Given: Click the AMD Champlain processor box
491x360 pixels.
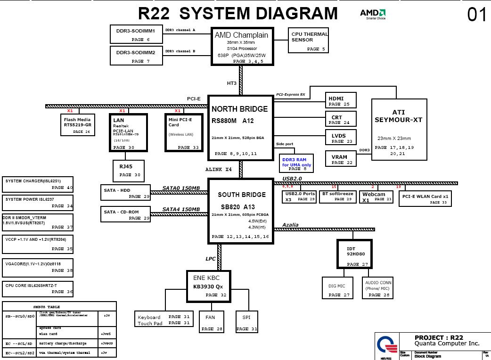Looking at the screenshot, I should click(241, 46).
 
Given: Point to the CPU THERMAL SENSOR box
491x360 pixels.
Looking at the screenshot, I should click(308, 41).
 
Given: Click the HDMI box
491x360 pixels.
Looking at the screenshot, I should click(341, 101).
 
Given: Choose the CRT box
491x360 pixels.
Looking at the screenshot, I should click(341, 119).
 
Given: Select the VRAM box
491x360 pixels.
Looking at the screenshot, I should click(341, 159).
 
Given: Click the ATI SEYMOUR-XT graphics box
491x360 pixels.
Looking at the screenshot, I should click(399, 130).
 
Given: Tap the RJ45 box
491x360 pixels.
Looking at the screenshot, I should click(128, 171).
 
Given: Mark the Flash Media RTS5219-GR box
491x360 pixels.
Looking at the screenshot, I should click(78, 125).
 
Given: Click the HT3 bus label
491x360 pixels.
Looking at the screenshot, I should click(232, 83).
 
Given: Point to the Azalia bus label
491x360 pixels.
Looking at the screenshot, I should click(290, 225).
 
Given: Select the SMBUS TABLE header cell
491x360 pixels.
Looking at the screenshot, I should click(59, 307).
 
